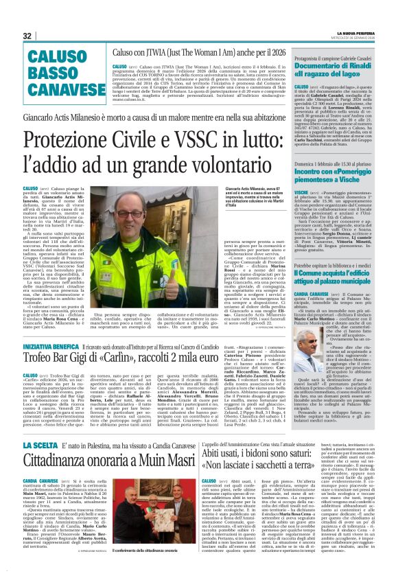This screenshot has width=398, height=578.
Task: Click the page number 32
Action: coord(27,36)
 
